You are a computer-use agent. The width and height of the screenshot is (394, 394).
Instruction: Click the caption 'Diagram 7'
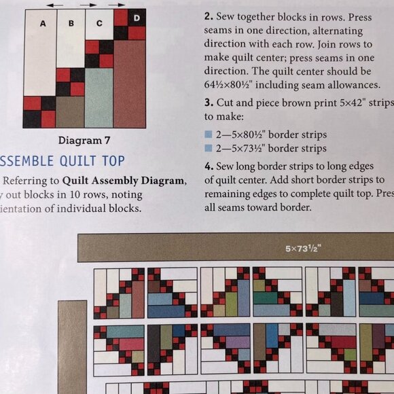coord(84,141)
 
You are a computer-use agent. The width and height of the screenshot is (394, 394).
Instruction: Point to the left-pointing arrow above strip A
coord(56,4)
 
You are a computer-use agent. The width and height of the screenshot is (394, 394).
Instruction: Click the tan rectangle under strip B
coord(70,111)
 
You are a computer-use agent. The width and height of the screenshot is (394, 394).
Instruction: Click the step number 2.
coord(208,16)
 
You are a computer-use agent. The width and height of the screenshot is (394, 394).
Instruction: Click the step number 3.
coord(208,103)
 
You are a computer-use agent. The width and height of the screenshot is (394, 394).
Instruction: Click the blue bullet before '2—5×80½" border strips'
coord(209,135)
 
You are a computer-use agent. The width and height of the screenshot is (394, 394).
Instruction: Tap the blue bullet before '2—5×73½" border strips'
coord(209,149)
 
